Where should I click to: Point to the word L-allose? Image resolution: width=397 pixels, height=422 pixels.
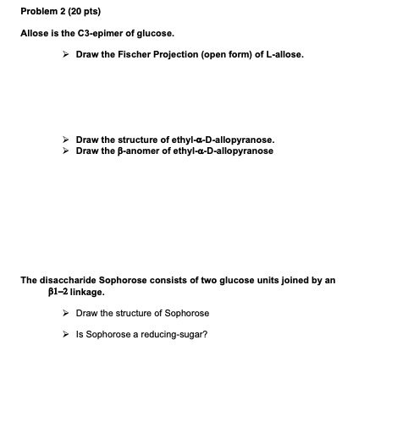click(x=284, y=55)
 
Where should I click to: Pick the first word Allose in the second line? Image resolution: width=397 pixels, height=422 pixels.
click(x=34, y=33)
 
